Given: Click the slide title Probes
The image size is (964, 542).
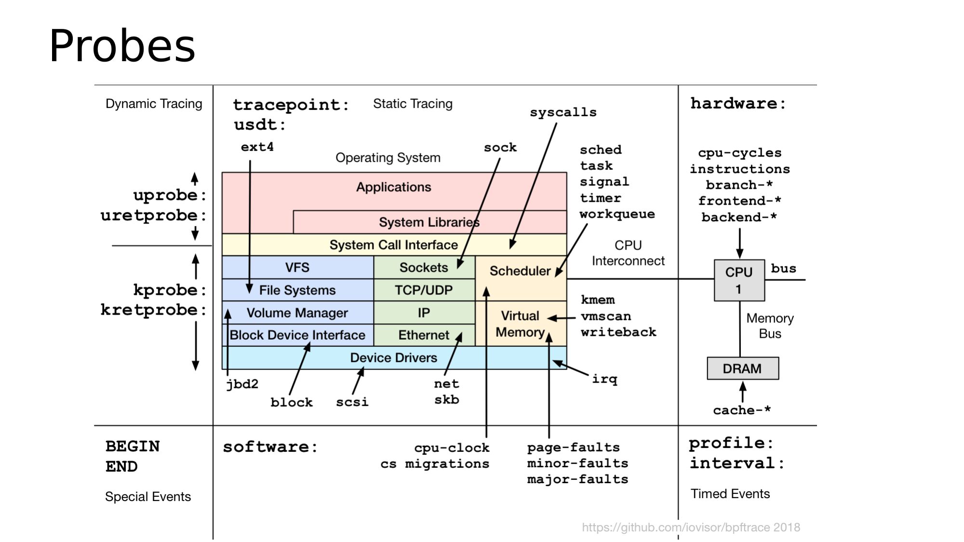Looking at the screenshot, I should [x=122, y=46].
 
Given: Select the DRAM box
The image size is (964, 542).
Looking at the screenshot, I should [x=742, y=369].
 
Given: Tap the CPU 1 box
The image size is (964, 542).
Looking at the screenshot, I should [x=739, y=280].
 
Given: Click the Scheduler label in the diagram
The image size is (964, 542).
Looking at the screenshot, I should [x=520, y=271].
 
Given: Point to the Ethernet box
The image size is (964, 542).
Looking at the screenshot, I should [x=424, y=335].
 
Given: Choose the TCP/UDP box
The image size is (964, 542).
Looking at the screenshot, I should [x=424, y=290].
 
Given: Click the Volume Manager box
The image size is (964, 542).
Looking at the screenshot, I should [x=297, y=313].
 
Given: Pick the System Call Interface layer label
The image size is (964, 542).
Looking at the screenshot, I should [x=393, y=245].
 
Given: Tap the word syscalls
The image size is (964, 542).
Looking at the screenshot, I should [x=563, y=112].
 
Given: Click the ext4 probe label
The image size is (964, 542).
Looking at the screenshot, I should [x=257, y=147].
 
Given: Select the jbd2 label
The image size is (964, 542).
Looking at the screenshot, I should [x=242, y=384].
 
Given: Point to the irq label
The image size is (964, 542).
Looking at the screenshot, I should [x=604, y=379].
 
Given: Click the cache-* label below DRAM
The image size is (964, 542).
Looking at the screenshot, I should [x=742, y=410].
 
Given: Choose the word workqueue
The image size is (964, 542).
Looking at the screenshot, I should [x=617, y=214].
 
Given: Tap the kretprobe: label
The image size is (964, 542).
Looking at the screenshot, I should [x=153, y=310].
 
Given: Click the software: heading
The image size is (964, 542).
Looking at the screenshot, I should [x=270, y=447].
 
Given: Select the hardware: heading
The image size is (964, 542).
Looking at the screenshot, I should [x=738, y=103].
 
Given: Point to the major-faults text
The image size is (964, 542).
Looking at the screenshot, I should [x=577, y=479].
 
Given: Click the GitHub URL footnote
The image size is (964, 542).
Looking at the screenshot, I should [x=691, y=528].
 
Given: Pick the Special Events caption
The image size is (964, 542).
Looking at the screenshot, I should [x=147, y=497].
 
